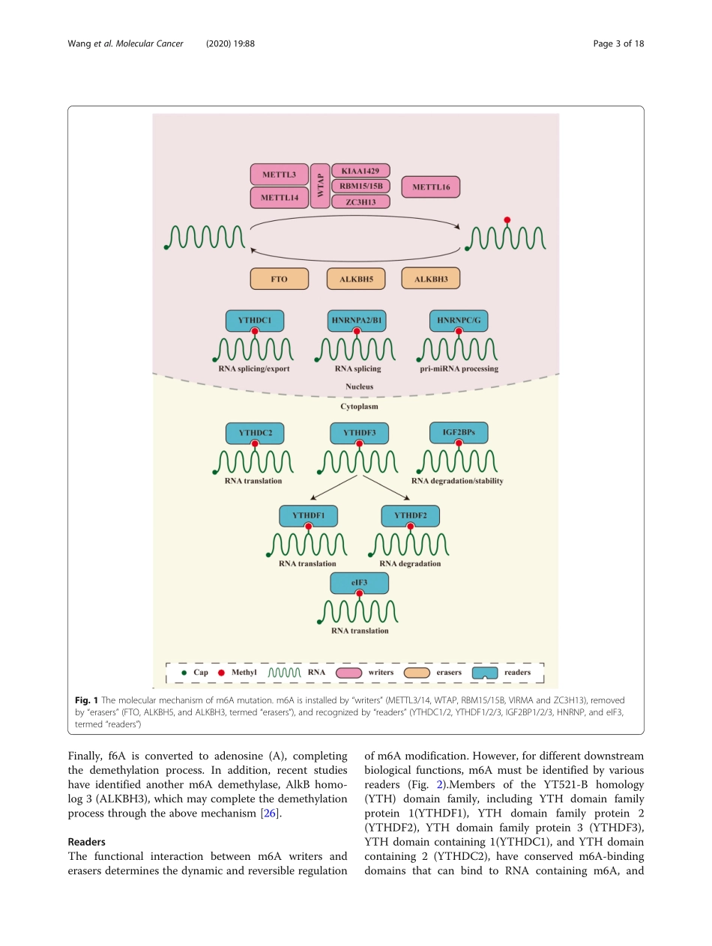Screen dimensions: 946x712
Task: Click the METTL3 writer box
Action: tap(279, 175)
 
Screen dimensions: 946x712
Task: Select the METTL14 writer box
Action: tap(279, 198)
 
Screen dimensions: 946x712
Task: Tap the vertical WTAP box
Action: tap(320, 186)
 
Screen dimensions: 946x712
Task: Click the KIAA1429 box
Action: tap(360, 171)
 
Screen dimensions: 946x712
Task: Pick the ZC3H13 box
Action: tap(360, 201)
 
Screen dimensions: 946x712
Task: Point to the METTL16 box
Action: tap(431, 187)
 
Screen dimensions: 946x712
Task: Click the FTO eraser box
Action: tap(279, 279)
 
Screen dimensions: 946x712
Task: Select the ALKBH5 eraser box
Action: tap(356, 279)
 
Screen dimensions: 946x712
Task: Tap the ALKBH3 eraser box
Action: tap(431, 279)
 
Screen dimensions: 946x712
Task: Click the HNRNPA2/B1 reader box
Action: tap(357, 321)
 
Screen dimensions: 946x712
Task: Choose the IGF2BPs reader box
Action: tap(459, 432)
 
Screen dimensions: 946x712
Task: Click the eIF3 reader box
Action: tap(360, 583)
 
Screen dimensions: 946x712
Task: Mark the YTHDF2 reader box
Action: tap(410, 515)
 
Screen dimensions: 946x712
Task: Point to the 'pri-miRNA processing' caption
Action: tap(459, 369)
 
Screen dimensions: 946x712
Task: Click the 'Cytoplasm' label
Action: tap(359, 407)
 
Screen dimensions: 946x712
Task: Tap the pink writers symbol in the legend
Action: tap(349, 673)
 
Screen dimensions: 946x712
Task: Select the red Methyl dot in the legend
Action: tap(221, 673)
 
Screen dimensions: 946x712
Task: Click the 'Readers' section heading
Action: tap(87, 842)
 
